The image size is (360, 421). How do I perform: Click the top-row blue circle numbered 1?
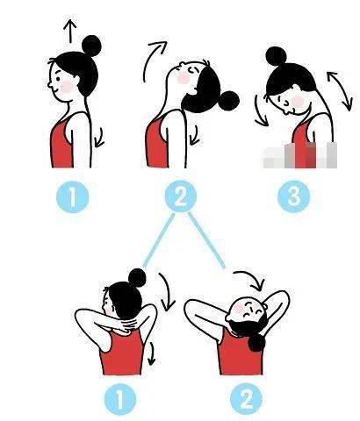[72, 196]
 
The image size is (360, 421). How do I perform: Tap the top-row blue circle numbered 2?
[181, 196]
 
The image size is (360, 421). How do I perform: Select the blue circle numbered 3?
[293, 196]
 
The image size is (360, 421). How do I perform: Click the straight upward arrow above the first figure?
[70, 31]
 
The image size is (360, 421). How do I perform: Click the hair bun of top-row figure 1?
[91, 46]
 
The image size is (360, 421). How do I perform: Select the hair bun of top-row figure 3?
[276, 56]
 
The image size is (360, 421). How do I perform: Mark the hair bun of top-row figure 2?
[229, 101]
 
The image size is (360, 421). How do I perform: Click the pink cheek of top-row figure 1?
[67, 87]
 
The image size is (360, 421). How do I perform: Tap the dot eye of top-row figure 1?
[58, 79]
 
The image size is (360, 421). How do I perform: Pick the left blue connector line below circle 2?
[159, 240]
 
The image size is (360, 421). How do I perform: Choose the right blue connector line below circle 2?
[206, 240]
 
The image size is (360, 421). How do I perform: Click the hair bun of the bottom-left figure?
[137, 277]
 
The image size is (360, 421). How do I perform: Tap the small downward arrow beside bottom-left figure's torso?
[151, 353]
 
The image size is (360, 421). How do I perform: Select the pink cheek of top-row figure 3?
[298, 100]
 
